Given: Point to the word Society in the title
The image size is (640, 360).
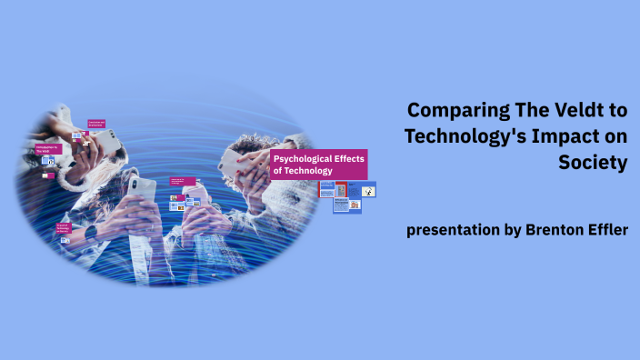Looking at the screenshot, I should pyautogui.click(x=594, y=163).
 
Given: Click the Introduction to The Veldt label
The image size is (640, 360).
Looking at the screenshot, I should pyautogui.click(x=47, y=148).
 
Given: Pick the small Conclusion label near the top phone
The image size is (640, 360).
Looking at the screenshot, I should pyautogui.click(x=96, y=123).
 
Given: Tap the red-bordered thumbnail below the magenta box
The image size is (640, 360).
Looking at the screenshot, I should pyautogui.click(x=341, y=190).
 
